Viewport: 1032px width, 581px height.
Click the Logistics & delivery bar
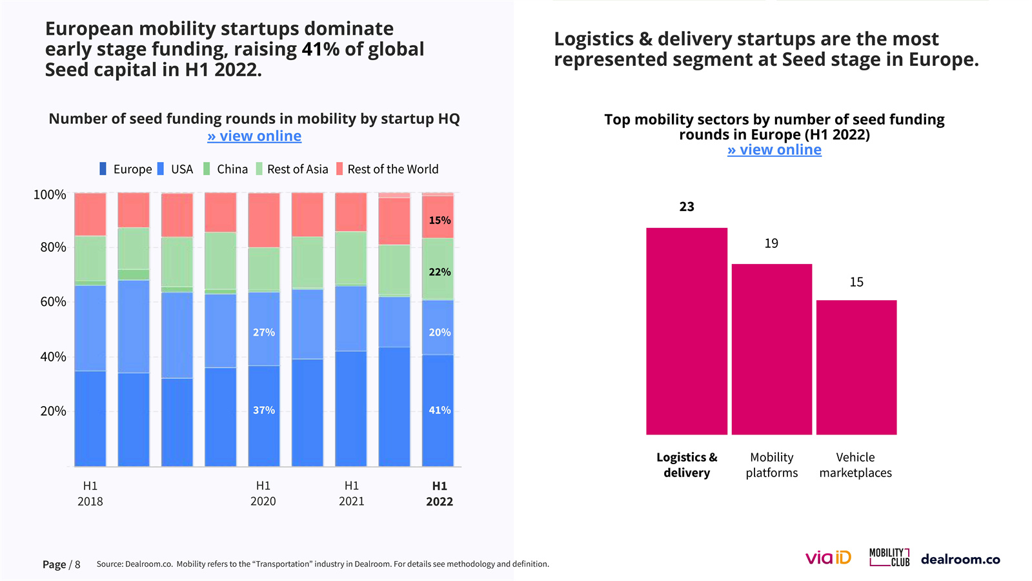(686, 331)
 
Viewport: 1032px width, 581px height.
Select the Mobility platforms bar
(771, 349)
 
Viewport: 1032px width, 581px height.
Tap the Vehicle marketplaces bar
(856, 367)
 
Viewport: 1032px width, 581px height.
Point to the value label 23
(687, 207)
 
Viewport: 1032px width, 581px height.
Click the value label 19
(771, 243)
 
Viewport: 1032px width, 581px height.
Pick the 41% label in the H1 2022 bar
(440, 410)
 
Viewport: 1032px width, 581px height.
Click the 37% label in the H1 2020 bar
(263, 410)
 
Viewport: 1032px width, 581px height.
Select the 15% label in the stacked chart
(440, 220)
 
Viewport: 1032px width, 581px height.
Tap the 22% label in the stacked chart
(440, 272)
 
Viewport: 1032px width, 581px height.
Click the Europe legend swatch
(103, 169)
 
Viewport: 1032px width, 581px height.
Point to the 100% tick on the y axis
(50, 194)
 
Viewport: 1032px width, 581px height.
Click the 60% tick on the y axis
(53, 301)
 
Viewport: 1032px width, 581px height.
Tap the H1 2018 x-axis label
(90, 493)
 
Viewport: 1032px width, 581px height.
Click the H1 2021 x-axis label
(351, 493)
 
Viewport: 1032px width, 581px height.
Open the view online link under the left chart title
(254, 136)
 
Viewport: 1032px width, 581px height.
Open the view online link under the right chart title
(774, 150)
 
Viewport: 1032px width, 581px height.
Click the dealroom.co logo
(960, 559)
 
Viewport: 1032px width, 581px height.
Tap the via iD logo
(828, 558)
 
